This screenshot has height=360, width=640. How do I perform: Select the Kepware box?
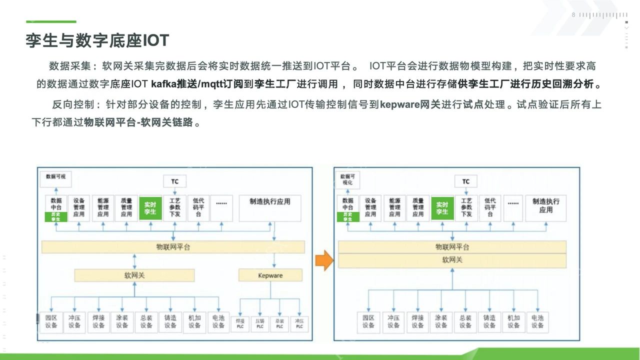coord(270,275)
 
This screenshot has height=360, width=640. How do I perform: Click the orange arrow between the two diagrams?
coord(324,260)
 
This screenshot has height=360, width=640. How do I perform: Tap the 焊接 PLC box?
coord(240,323)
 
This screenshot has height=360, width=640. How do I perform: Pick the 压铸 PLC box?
coord(260,323)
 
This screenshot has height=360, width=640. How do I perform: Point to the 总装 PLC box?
coord(279,323)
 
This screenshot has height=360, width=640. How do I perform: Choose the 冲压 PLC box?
coord(299,323)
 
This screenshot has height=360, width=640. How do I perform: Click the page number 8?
coord(573,15)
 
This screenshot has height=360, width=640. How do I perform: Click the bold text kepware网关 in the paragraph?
coord(410,105)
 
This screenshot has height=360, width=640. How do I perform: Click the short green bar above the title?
coord(51,21)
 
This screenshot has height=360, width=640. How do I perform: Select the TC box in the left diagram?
coord(174,181)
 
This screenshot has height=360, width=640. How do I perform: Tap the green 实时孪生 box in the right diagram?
coord(442,208)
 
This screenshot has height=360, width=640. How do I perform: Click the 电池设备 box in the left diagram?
coord(218,321)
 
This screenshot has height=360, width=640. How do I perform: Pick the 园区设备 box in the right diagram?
coord(369,321)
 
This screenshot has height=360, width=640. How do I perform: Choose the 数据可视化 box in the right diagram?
coord(347,179)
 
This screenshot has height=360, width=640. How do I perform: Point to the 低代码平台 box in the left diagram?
coord(198,208)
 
